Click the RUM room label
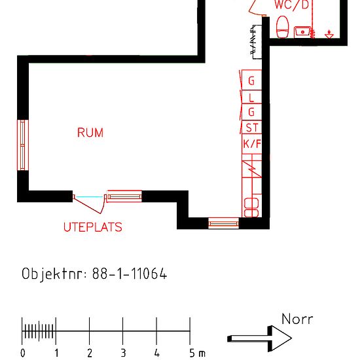[x=90, y=133]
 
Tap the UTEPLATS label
[x=92, y=228]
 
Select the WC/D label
[x=291, y=5]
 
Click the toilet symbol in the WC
[x=283, y=27]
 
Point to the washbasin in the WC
[x=302, y=31]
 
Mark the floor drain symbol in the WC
[x=329, y=33]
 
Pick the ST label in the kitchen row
[x=251, y=128]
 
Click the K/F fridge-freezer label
[x=251, y=144]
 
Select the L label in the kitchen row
[x=251, y=98]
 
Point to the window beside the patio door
[x=124, y=196]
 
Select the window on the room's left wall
[x=23, y=145]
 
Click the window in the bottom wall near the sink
[x=224, y=224]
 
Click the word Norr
[x=297, y=319]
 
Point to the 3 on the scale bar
[x=123, y=353]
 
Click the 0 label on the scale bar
[x=23, y=353]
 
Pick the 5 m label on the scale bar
[x=196, y=353]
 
